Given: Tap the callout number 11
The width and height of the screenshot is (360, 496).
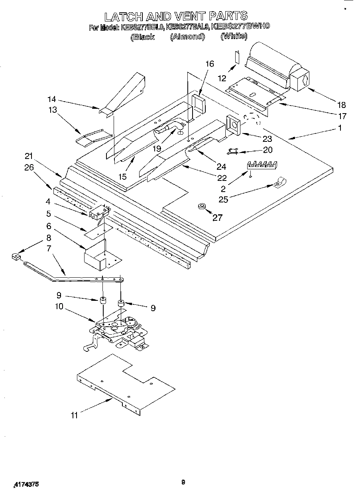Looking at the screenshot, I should pyautogui.click(x=74, y=415).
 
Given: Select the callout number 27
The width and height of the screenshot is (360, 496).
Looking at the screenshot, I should pyautogui.click(x=217, y=218).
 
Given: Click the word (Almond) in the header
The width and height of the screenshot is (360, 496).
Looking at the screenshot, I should pyautogui.click(x=187, y=37).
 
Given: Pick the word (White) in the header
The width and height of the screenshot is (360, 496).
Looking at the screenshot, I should pyautogui.click(x=234, y=36).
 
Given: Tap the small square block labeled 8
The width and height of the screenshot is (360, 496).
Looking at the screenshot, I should pyautogui.click(x=16, y=257).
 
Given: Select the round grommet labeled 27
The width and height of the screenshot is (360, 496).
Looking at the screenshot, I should pyautogui.click(x=201, y=206).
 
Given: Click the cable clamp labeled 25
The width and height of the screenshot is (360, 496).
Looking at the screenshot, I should pyautogui.click(x=278, y=183).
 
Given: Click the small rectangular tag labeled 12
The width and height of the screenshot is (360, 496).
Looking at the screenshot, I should pyautogui.click(x=236, y=57).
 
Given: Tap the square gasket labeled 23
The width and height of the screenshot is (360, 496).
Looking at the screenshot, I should pyautogui.click(x=233, y=124).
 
